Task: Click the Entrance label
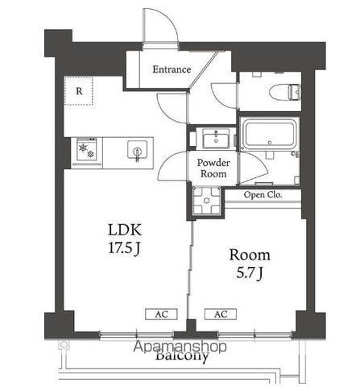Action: coord(172,69)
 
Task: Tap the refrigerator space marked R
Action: coord(79,91)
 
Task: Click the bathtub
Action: coord(269,134)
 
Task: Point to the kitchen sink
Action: coord(138,150)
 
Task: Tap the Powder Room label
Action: coord(213,169)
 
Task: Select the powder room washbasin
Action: coord(216,138)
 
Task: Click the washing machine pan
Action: coord(207,201)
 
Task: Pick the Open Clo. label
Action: coord(263,194)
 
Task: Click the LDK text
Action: coord(124,230)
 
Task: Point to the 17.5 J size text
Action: coord(124,248)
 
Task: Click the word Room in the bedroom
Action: coord(250,255)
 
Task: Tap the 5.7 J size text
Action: coord(250,273)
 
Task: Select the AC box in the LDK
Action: coord(161,314)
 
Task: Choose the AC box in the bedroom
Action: coord(221,314)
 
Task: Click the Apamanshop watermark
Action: coord(180,347)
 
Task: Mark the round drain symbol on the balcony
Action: coord(64,344)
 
